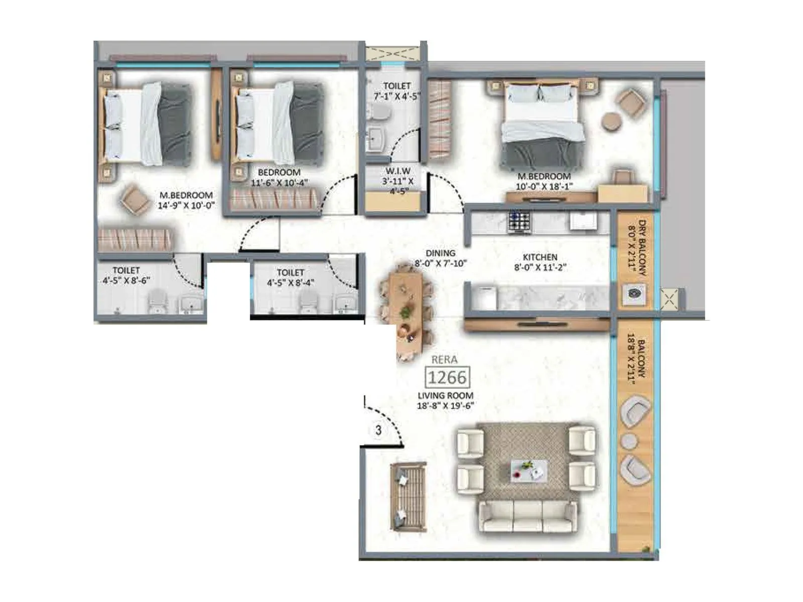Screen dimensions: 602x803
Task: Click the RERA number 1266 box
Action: click(447, 377)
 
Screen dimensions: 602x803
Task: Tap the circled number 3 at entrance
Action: click(378, 430)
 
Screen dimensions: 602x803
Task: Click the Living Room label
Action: click(445, 395)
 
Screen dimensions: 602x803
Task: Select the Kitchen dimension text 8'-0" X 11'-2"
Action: click(540, 267)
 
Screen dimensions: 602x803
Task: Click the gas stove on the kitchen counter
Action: click(519, 222)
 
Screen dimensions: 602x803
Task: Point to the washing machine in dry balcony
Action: click(634, 294)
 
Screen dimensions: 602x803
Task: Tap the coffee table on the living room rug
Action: click(528, 471)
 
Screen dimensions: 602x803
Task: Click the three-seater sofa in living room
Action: click(527, 517)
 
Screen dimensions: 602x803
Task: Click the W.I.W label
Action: click(397, 171)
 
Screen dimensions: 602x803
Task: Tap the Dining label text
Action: click(440, 253)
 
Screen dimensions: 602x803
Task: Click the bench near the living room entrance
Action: click(409, 497)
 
